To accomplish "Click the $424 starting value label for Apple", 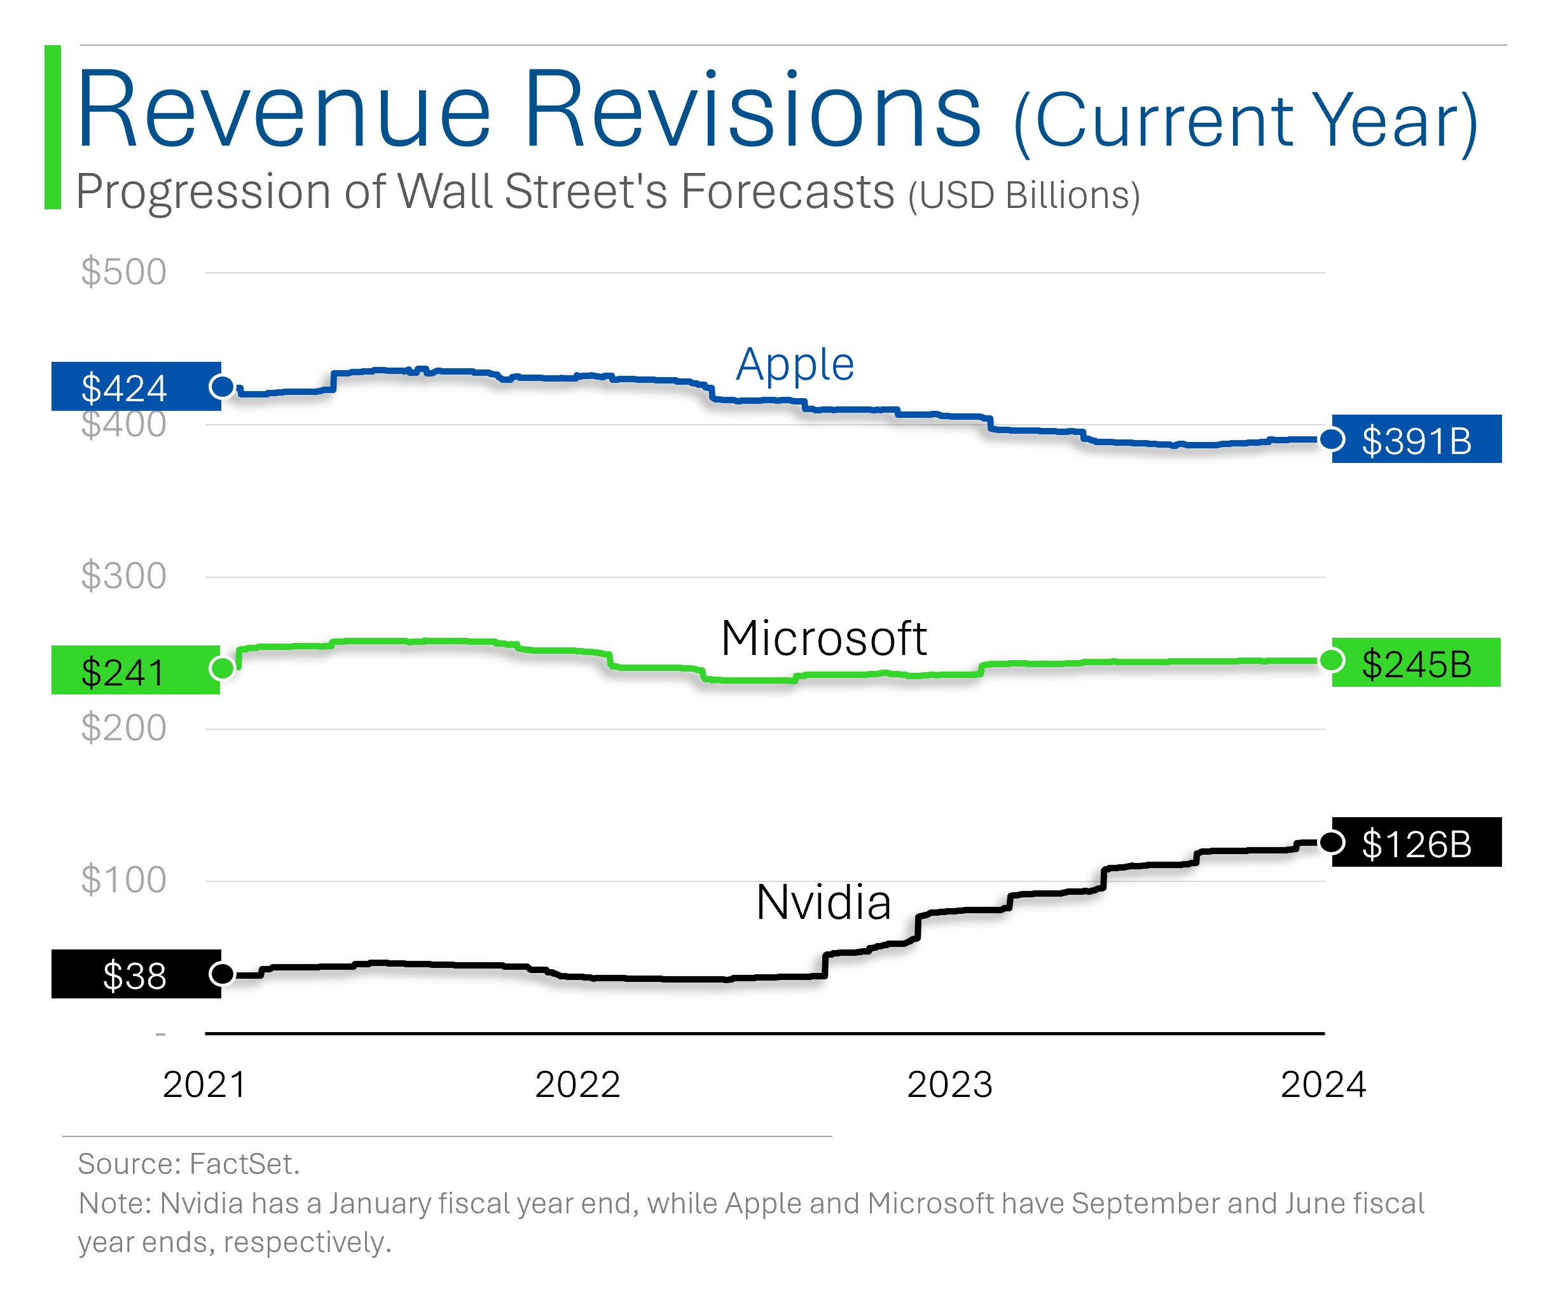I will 125,388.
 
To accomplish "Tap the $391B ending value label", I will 1416,441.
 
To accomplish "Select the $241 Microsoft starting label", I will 123,672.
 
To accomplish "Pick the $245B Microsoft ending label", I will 1416,664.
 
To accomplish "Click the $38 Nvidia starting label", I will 134,975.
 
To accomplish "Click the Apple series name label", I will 795,364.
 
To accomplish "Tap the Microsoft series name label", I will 824,638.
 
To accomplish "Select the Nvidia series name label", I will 823,902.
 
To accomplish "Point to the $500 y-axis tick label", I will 123,272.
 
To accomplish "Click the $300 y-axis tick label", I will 123,576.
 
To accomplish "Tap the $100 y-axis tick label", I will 123,880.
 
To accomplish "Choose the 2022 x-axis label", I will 577,1085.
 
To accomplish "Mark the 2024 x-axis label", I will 1323,1085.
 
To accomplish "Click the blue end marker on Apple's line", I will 1332,439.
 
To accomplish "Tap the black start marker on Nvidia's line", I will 221,973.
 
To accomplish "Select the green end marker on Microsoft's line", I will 1332,659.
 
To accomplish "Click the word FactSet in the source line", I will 244,1164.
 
